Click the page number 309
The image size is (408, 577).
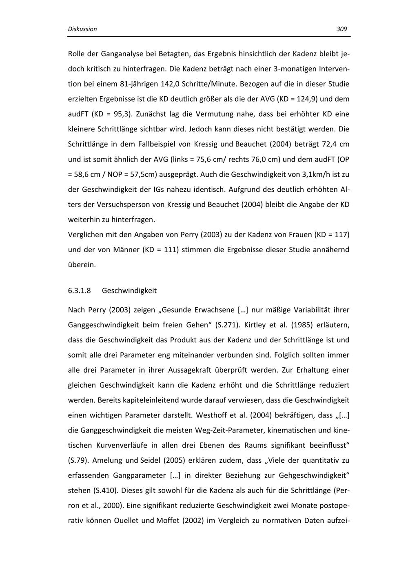pyautogui.click(x=342, y=29)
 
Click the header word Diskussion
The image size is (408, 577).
pyautogui.click(x=82, y=29)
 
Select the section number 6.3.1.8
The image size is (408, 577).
pyautogui.click(x=79, y=291)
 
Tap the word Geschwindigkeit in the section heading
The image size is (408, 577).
pyautogui.click(x=129, y=291)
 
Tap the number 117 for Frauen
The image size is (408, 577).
pyautogui.click(x=341, y=235)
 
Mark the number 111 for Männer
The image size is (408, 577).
pyautogui.click(x=170, y=250)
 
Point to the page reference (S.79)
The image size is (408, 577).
pyautogui.click(x=78, y=460)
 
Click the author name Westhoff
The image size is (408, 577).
pyautogui.click(x=211, y=415)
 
